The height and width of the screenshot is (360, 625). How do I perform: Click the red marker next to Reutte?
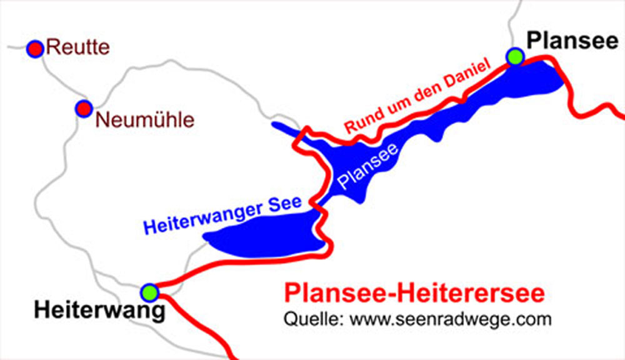coord(35,49)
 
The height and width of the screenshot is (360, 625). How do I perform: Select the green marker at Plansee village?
coord(514,57)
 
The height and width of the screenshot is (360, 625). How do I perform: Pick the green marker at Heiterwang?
coord(149,292)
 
